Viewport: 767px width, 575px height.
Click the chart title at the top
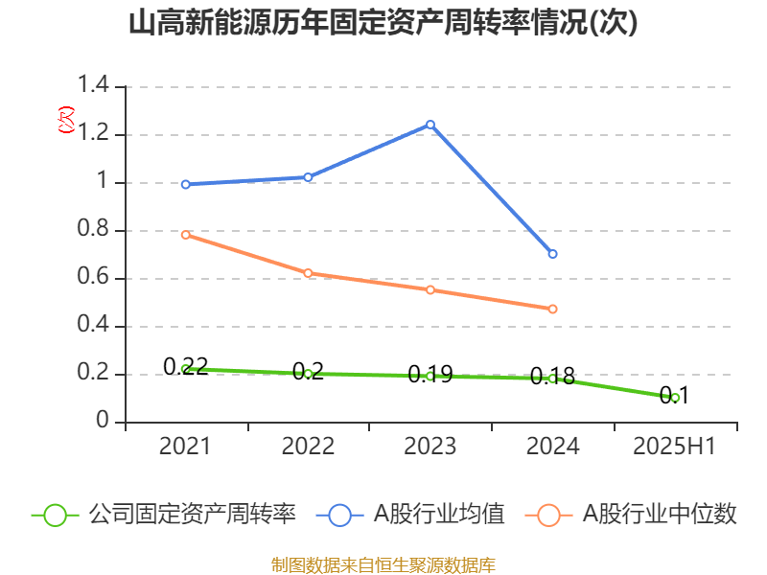tap(383, 23)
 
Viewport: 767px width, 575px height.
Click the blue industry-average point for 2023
tap(430, 125)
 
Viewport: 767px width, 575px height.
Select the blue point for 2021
tap(185, 184)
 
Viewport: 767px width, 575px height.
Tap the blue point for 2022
tap(308, 177)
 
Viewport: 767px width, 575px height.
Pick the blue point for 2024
tap(553, 254)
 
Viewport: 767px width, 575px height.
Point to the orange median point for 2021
tap(185, 234)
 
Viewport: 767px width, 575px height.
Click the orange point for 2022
tap(308, 273)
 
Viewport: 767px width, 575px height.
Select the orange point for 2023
tap(430, 289)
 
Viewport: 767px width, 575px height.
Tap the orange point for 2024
tap(553, 309)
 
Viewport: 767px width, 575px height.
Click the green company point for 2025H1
tap(676, 398)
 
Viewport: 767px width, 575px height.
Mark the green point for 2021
tap(185, 369)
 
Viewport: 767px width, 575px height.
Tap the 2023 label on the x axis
tap(430, 447)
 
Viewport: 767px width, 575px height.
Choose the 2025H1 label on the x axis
tap(676, 447)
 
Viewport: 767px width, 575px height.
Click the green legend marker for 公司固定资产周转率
tap(56, 515)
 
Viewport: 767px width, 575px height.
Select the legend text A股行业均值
tap(439, 515)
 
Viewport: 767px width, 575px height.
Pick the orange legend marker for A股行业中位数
tap(548, 515)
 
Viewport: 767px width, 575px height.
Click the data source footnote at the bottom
tap(383, 564)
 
